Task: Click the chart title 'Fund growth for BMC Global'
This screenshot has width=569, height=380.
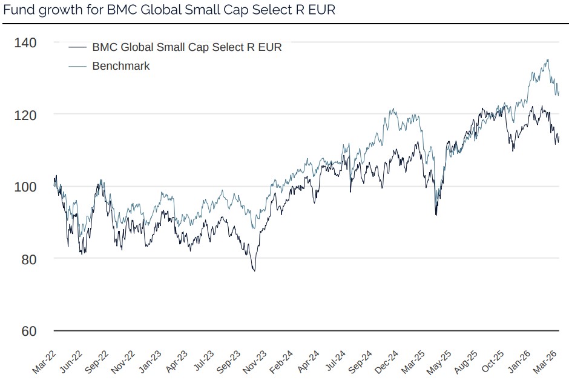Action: coord(169,10)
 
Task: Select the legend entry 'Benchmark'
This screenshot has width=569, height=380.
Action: coord(120,65)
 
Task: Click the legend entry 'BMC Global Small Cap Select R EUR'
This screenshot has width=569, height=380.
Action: coord(186,47)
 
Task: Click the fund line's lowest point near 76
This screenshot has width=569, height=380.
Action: coord(254,271)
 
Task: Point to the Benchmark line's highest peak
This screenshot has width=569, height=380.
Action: coord(548,59)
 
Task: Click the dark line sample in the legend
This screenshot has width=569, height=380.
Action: coord(77,47)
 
